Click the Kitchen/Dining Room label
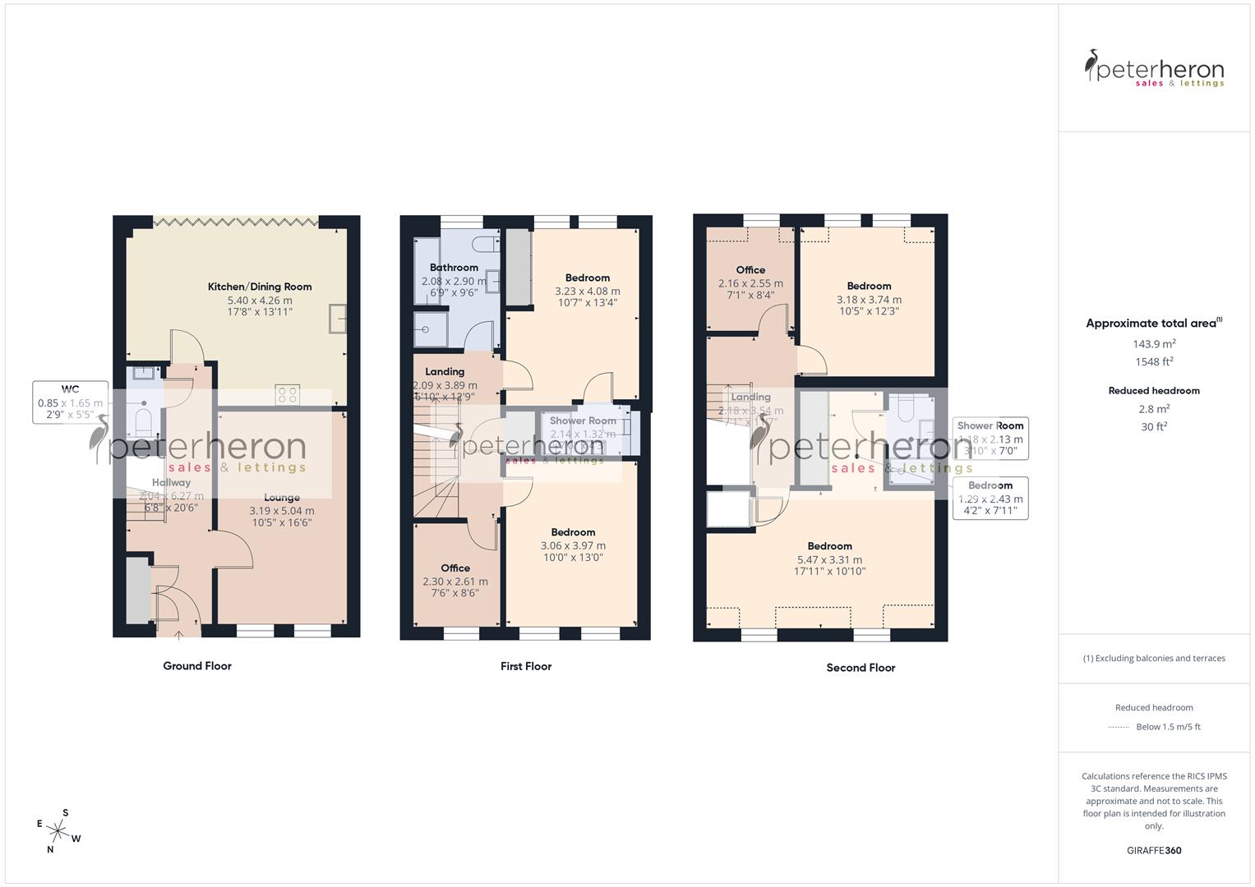260,287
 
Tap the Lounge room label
282,497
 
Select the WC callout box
71,402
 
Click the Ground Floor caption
197,666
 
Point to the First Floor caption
526,666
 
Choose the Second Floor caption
861,668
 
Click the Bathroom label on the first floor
454,267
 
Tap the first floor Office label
455,568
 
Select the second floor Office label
750,269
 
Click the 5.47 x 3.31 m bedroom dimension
829,559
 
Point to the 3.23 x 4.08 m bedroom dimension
588,291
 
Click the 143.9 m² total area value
1154,344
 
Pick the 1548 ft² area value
1154,361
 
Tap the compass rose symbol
58,830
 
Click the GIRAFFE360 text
1154,850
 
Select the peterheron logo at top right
1154,69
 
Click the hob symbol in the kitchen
288,394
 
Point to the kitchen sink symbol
338,318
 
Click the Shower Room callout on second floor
990,438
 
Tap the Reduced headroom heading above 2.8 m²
1154,391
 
